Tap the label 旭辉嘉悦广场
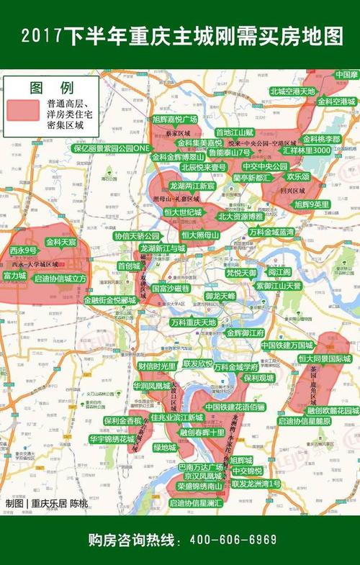tap(175, 119)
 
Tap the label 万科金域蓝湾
tap(271, 232)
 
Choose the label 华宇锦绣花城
tap(112, 438)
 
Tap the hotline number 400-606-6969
tap(233, 540)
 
